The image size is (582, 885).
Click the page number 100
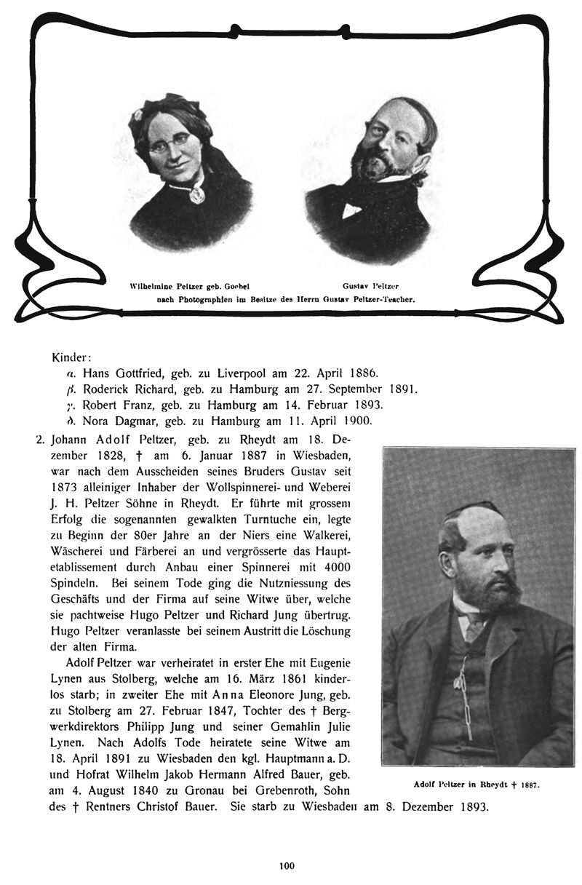(286, 865)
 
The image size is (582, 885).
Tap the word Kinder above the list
(71, 359)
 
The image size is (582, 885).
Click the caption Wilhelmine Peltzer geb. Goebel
(190, 286)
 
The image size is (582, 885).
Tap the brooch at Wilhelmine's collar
(196, 195)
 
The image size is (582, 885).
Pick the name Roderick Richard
(131, 389)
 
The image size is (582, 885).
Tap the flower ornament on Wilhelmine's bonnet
(137, 114)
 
